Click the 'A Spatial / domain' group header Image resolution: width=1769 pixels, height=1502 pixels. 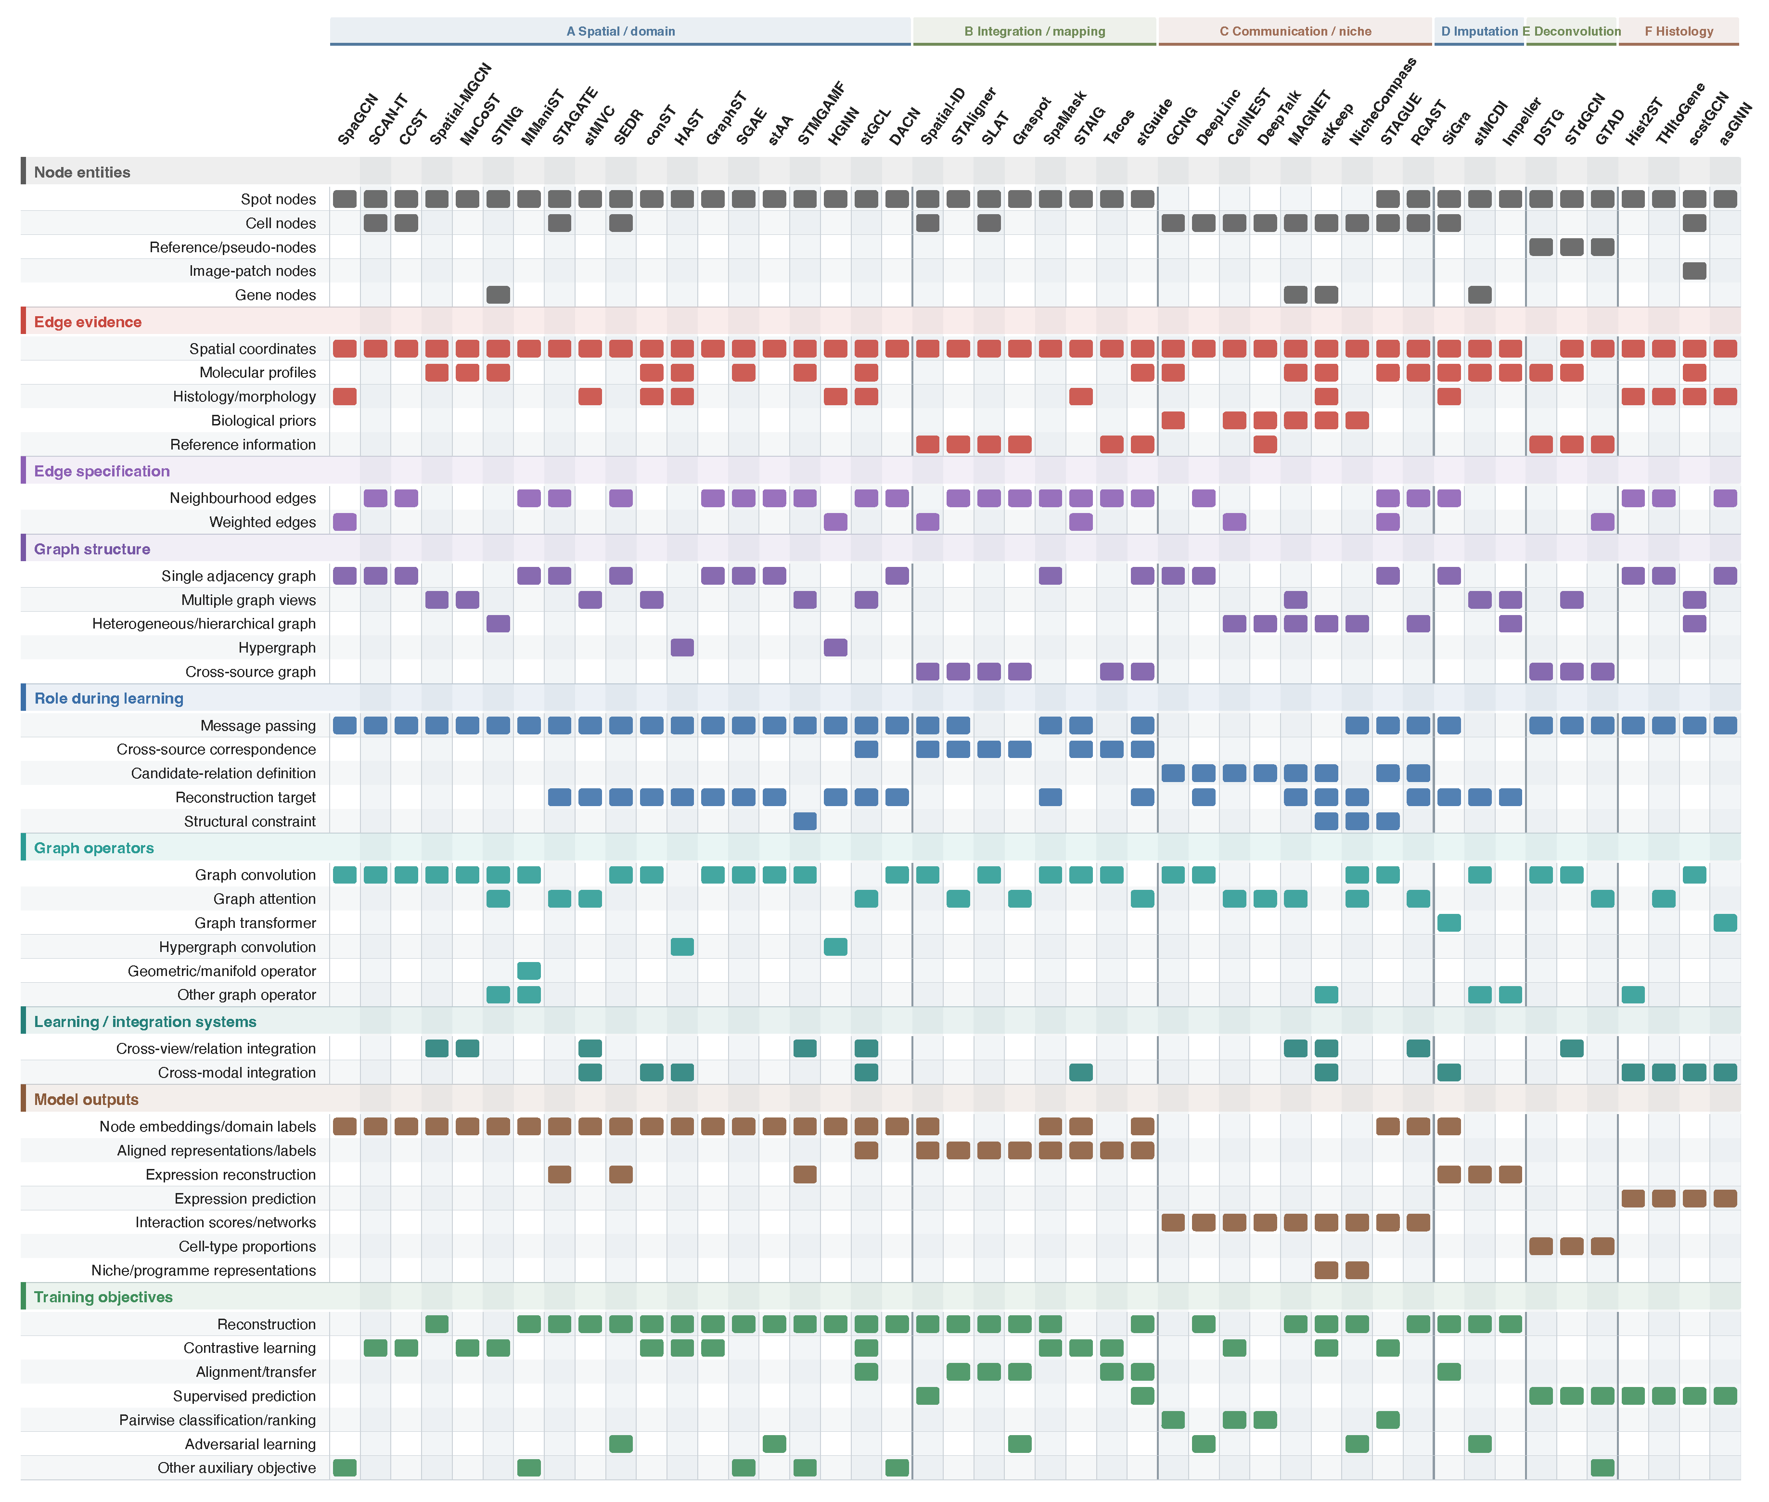click(x=621, y=31)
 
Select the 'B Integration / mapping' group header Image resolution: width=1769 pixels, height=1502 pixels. click(x=1034, y=31)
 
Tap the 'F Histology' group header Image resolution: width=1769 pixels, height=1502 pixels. click(x=1679, y=31)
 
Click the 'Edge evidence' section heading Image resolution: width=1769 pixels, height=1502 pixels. click(x=88, y=322)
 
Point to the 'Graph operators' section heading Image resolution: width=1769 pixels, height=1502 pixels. click(x=94, y=848)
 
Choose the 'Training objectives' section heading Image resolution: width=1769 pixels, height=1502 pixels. click(x=103, y=1297)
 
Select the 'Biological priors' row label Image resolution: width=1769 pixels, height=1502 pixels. click(x=263, y=421)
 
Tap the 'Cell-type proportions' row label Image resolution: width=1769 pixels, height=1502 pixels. click(x=247, y=1246)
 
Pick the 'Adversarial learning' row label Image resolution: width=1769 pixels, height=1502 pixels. click(x=250, y=1444)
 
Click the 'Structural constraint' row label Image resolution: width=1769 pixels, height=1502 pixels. click(x=249, y=822)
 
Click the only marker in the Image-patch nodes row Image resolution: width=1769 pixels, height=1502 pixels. click(x=1694, y=271)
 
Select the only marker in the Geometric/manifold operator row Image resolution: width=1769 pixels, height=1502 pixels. click(x=529, y=971)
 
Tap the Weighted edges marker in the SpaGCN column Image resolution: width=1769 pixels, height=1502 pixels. click(x=345, y=522)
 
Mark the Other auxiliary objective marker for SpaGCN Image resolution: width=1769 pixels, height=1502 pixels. click(x=345, y=1468)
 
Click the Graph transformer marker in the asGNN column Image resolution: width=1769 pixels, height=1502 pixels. click(x=1725, y=923)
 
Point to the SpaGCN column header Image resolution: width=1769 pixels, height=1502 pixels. click(x=358, y=120)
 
